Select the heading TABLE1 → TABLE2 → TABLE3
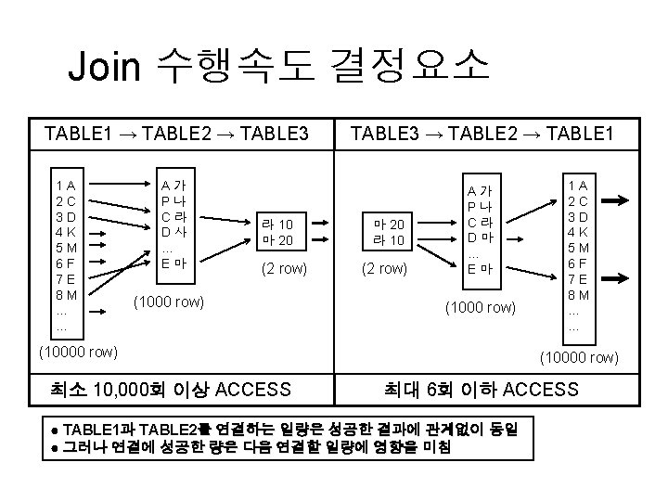pos(176,134)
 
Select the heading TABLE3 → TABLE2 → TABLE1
pos(482,134)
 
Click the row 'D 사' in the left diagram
pos(173,232)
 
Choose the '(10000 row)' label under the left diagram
pos(77,351)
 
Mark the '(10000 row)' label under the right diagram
pos(577,357)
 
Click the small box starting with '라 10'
pos(277,232)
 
